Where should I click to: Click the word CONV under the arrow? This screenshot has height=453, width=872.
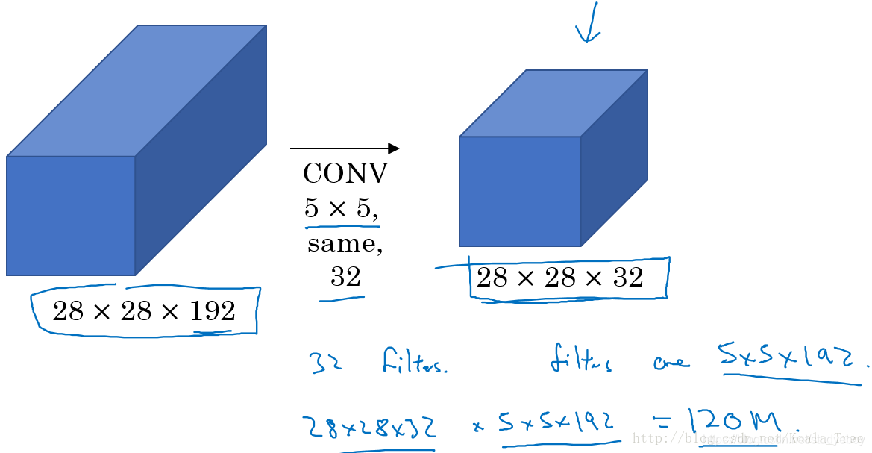[x=345, y=174]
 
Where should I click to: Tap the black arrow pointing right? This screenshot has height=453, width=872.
[x=345, y=149]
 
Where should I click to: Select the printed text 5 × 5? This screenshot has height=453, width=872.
[x=341, y=208]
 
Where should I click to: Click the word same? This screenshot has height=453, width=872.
[x=345, y=243]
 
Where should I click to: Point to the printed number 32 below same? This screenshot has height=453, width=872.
[x=345, y=278]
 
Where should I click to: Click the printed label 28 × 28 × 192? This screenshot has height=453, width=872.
[x=144, y=310]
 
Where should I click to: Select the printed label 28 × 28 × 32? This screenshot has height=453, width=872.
[x=559, y=278]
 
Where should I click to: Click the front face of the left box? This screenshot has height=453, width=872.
[x=71, y=215]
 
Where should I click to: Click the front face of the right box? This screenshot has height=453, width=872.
[x=520, y=191]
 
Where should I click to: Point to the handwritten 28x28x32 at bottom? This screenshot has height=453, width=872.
[x=370, y=428]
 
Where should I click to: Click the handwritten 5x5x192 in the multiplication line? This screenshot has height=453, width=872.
[x=558, y=424]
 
